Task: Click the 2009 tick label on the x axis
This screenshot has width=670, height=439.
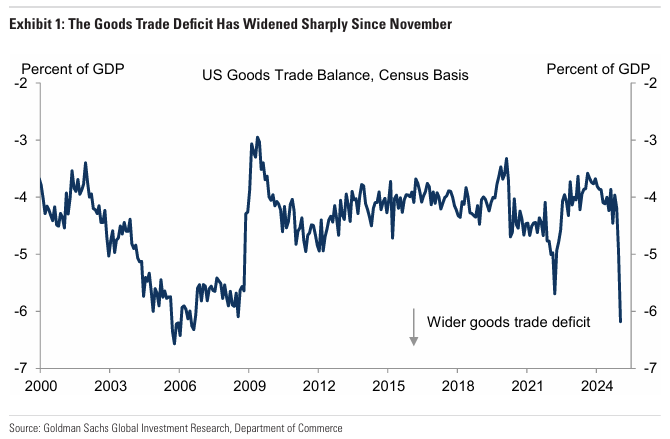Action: (x=249, y=386)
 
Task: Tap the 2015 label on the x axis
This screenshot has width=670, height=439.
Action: (x=388, y=386)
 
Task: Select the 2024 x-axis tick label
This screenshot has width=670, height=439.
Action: (x=597, y=386)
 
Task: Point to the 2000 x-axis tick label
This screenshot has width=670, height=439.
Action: (x=41, y=386)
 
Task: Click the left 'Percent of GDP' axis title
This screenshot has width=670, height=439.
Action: (x=73, y=69)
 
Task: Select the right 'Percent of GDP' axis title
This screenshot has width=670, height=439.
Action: (x=598, y=69)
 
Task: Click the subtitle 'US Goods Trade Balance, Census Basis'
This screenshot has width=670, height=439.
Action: (x=335, y=75)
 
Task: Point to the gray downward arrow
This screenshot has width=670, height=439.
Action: (x=413, y=327)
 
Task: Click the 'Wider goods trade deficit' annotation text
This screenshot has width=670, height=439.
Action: (x=508, y=322)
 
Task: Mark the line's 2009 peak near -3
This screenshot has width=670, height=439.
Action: (x=257, y=138)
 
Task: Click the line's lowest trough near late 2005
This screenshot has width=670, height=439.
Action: (x=174, y=343)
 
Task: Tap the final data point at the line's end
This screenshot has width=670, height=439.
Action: (x=620, y=321)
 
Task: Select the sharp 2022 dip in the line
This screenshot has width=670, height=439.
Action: (x=555, y=293)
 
